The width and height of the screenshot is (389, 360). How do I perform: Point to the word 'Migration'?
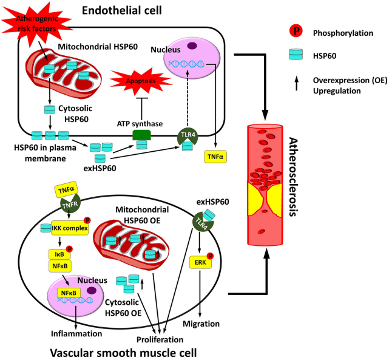click(201, 324)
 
